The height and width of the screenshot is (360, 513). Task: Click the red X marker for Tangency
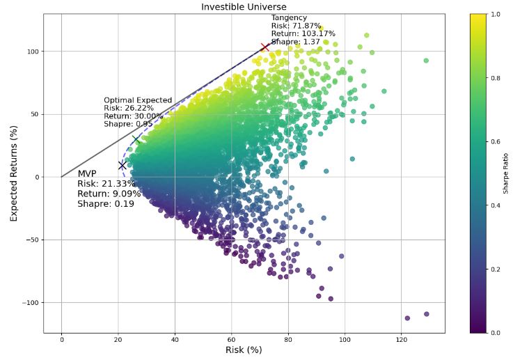pos(265,47)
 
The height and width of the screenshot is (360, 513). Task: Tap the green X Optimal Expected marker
pos(136,139)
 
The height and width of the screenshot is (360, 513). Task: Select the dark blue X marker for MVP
pos(122,166)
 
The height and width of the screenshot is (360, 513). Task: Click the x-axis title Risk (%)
pos(243,350)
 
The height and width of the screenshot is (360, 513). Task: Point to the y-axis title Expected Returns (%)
pos(14,173)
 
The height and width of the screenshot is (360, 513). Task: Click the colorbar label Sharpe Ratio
pos(506,173)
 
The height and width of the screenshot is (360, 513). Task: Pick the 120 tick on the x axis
pos(401,339)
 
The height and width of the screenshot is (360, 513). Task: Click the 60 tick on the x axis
pos(231,339)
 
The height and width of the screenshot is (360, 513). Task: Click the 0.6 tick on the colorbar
pos(497,141)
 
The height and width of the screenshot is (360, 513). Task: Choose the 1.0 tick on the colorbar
pos(497,14)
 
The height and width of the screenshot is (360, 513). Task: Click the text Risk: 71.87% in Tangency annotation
pos(296,26)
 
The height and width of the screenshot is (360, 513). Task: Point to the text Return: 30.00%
pos(133,116)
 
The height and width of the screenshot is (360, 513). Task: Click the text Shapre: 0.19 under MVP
pos(105,203)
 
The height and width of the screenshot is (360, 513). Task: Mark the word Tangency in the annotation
pos(289,17)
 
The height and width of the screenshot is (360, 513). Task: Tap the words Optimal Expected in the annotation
pos(138,100)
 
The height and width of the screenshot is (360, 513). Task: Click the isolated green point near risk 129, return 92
pos(426,61)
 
